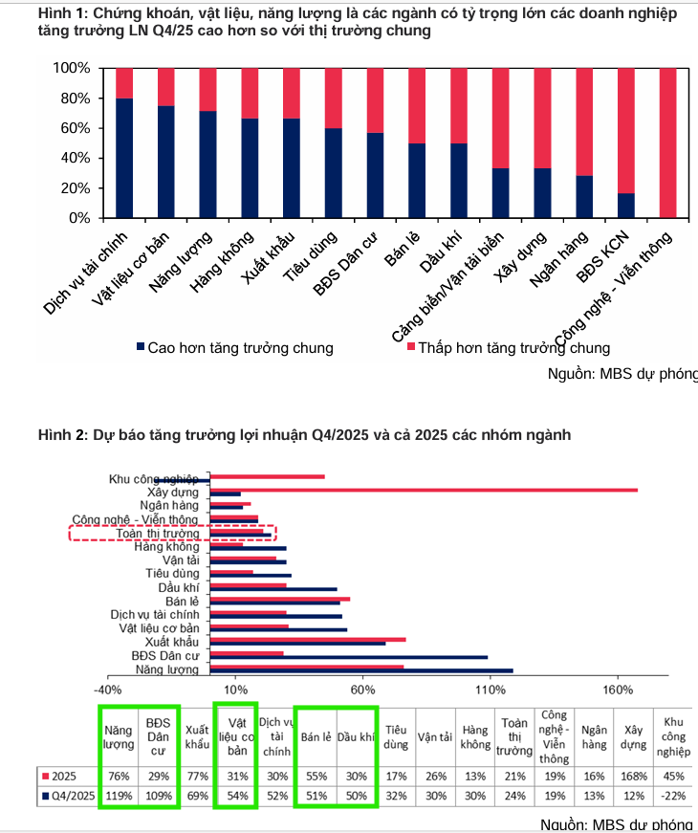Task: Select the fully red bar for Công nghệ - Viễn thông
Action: click(667, 143)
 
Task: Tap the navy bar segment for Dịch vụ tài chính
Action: click(124, 158)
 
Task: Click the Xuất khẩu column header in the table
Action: click(197, 735)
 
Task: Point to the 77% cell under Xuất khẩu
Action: click(197, 776)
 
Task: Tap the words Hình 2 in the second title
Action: click(62, 435)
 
